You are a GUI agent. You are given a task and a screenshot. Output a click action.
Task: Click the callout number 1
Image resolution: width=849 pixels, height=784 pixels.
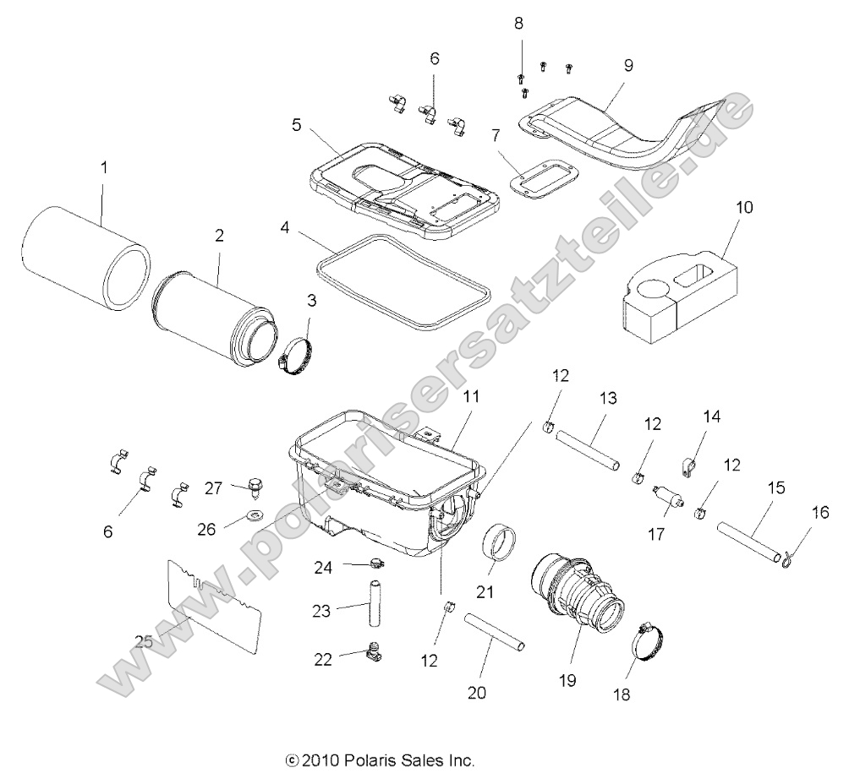104,167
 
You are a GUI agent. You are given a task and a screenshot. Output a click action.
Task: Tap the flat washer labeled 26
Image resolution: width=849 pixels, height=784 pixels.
255,514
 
